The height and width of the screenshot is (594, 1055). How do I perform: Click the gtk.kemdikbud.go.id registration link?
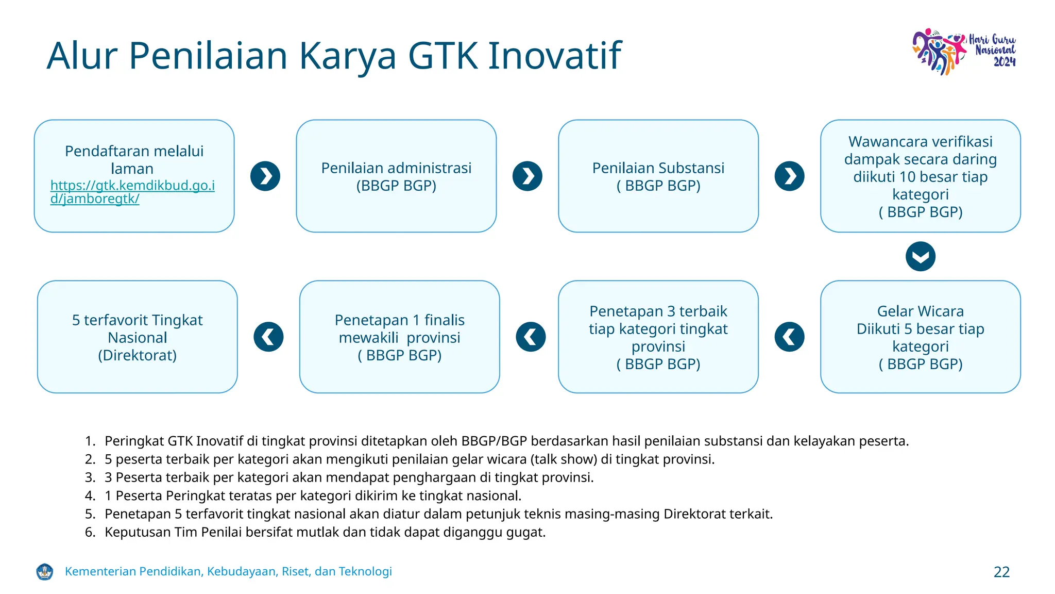tap(132, 192)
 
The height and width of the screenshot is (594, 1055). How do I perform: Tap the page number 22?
tap(1001, 572)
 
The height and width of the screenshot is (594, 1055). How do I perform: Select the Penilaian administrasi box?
tap(396, 176)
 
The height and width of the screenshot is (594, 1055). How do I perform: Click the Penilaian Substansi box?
tap(658, 176)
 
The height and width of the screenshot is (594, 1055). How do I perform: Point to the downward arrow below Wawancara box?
tap(920, 256)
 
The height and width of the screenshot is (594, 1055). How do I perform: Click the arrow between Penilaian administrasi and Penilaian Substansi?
tap(527, 176)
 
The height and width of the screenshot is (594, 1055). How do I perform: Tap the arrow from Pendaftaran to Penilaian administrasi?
tap(265, 176)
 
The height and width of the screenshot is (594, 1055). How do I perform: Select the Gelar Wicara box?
tap(920, 337)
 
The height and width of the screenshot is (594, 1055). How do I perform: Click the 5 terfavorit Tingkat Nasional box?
tap(137, 337)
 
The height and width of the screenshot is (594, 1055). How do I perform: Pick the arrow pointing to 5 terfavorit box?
tap(268, 337)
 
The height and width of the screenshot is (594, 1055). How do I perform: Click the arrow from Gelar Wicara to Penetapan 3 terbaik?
tap(789, 337)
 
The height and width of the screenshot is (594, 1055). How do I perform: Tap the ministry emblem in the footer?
tap(45, 571)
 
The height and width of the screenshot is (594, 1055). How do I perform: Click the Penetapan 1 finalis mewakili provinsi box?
tap(399, 337)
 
